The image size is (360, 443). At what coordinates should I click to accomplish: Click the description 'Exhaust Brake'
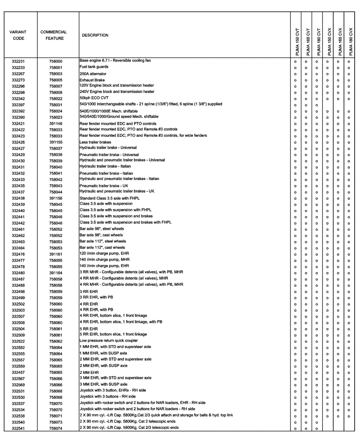pos(92,80)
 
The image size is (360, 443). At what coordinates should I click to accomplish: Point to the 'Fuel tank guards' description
pos(94,67)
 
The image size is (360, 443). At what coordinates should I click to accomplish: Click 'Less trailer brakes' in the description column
pos(95,142)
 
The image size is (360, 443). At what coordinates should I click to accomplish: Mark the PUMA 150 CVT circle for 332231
pos(295,61)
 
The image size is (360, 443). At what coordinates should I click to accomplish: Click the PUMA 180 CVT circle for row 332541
pos(317,428)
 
